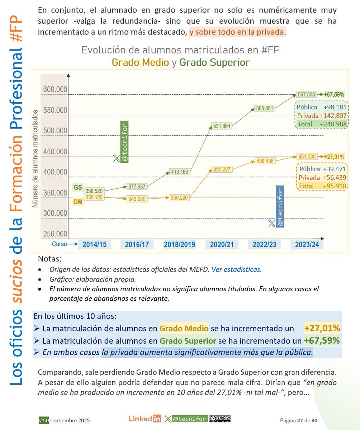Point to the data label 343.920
pyautogui.click(x=137, y=199)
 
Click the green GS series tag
pyautogui.click(x=77, y=187)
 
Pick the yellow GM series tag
pyautogui.click(x=78, y=202)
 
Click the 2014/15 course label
pyautogui.click(x=94, y=245)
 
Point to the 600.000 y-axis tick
pyautogui.click(x=55, y=89)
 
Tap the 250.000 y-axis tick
pyautogui.click(x=55, y=234)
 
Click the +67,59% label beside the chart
pyautogui.click(x=334, y=95)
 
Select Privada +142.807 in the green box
pyautogui.click(x=321, y=116)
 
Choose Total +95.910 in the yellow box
pyautogui.click(x=321, y=186)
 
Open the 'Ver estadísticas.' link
pyautogui.click(x=237, y=269)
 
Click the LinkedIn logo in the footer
pyautogui.click(x=145, y=419)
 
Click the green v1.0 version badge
pyautogui.click(x=44, y=420)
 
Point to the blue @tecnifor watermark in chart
pyautogui.click(x=280, y=206)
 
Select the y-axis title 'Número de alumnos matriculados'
pyautogui.click(x=35, y=161)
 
